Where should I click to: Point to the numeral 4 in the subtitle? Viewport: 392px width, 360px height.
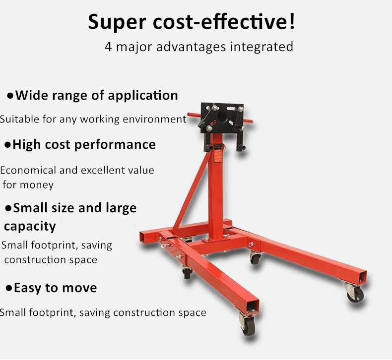[108, 47]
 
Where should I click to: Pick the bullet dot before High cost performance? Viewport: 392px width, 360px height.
[7, 145]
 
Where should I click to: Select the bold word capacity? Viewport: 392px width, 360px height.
[30, 226]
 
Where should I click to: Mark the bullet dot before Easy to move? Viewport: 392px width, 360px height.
[9, 288]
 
